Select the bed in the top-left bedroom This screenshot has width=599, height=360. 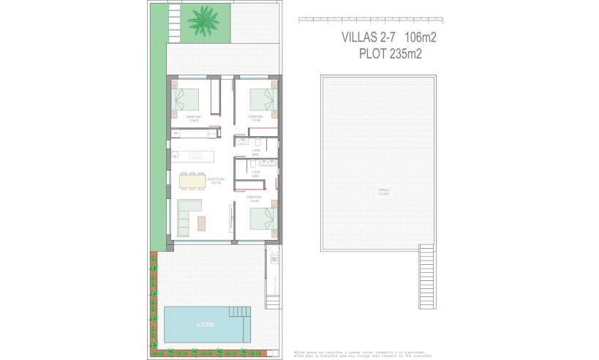[189, 99]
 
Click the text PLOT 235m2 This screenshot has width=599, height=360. [392, 53]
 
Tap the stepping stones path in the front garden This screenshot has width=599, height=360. [173, 21]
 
